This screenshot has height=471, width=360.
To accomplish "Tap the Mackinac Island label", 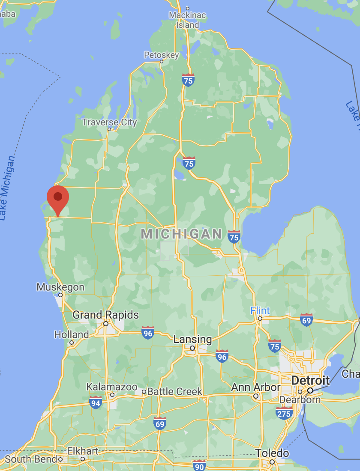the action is [187, 20].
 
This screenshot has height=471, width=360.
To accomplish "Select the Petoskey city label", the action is [161, 55].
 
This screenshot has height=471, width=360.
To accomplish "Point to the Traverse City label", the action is [109, 122].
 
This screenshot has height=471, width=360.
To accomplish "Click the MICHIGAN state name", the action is [181, 234].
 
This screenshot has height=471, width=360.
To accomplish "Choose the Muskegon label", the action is [60, 287].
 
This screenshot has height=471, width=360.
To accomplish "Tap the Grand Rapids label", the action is [105, 315].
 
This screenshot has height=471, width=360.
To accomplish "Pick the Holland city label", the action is [72, 334].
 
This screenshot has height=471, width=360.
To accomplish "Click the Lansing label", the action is [192, 340].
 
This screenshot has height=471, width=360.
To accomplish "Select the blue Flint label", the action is [260, 310].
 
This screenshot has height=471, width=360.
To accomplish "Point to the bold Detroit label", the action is [310, 380].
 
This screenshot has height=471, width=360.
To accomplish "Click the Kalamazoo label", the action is [112, 387].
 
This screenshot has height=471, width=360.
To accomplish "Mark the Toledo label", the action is [272, 453].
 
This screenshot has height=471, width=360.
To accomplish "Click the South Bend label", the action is [30, 459].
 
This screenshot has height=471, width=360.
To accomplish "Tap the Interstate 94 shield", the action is [96, 402].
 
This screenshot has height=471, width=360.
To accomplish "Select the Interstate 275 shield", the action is [284, 413].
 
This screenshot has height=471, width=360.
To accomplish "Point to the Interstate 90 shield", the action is [199, 465].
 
